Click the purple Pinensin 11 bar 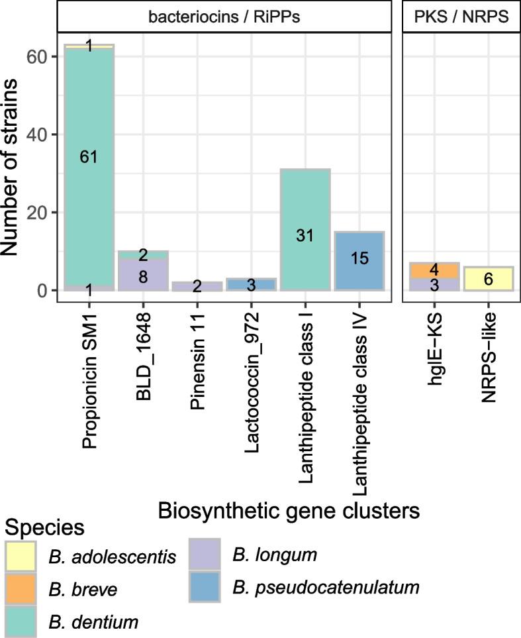(x=197, y=286)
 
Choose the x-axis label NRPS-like (x=489, y=348)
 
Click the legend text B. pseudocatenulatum (x=327, y=587)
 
